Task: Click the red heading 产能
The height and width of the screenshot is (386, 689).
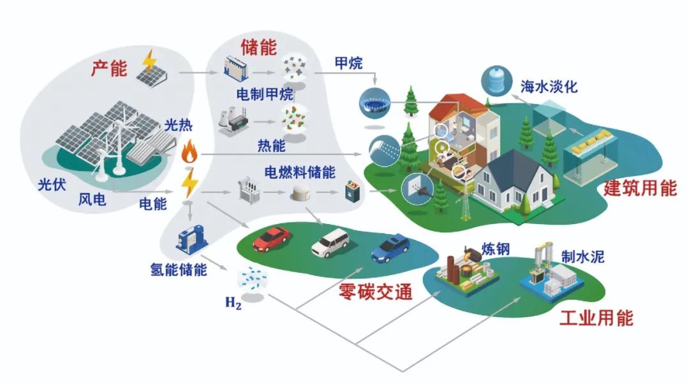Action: click(109, 68)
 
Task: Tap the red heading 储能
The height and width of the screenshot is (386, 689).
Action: click(258, 47)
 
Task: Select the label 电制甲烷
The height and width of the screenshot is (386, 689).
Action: click(264, 95)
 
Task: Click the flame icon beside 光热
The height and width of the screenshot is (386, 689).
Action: click(189, 152)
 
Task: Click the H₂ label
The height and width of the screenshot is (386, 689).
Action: click(233, 302)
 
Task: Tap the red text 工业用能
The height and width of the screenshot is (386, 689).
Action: click(596, 317)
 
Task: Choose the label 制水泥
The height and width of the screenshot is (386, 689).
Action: click(582, 256)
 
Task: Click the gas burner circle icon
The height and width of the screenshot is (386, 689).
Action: click(374, 101)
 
